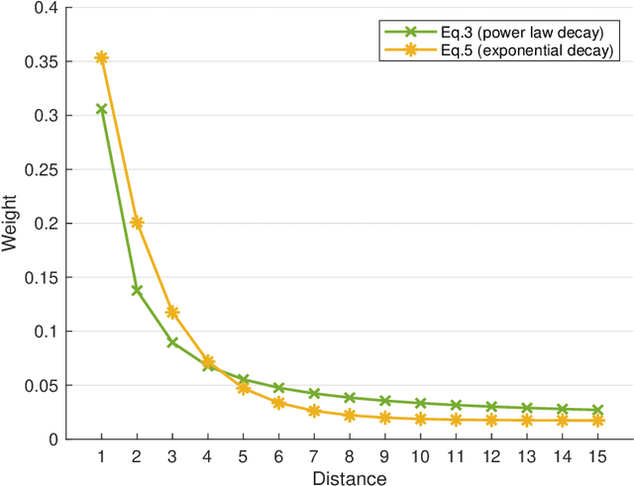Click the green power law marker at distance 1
[x=101, y=109]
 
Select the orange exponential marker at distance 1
[x=101, y=57]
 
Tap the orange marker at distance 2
[x=137, y=223]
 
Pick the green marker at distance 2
[x=137, y=290]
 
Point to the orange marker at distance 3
[x=172, y=312]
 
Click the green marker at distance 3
[x=172, y=342]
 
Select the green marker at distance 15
[x=598, y=410]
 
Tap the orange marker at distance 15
[x=598, y=421]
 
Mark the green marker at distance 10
[x=421, y=403]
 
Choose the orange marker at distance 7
[x=314, y=411]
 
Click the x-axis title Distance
[x=350, y=477]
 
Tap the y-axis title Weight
[x=11, y=224]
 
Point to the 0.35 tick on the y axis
[x=46, y=62]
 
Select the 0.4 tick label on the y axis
[x=50, y=9]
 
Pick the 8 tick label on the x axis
[x=350, y=455]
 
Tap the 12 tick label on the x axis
[x=491, y=455]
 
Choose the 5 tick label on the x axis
[x=244, y=455]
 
